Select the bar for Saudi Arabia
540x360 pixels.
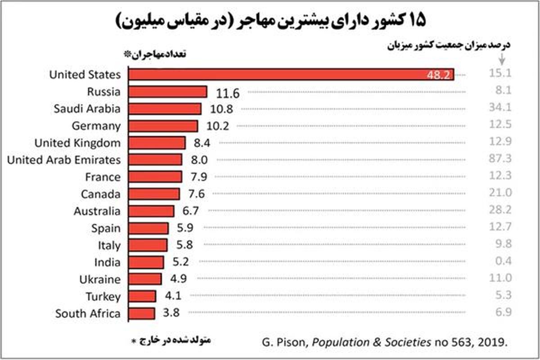click(165, 109)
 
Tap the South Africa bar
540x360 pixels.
click(142, 314)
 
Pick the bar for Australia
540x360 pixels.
click(152, 211)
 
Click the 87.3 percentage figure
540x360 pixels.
click(500, 160)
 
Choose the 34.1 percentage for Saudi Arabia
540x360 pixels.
click(500, 108)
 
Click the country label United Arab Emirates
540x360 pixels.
click(64, 160)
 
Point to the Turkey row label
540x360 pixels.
click(103, 297)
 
